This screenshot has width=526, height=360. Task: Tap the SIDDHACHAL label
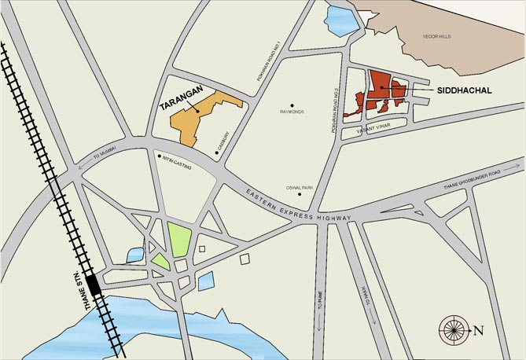pos(463,91)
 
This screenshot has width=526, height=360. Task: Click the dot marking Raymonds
pos(292,105)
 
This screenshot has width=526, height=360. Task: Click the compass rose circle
pos(454,329)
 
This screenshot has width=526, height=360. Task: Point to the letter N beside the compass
pos(478,330)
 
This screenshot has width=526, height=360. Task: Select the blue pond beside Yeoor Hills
pos(340,19)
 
